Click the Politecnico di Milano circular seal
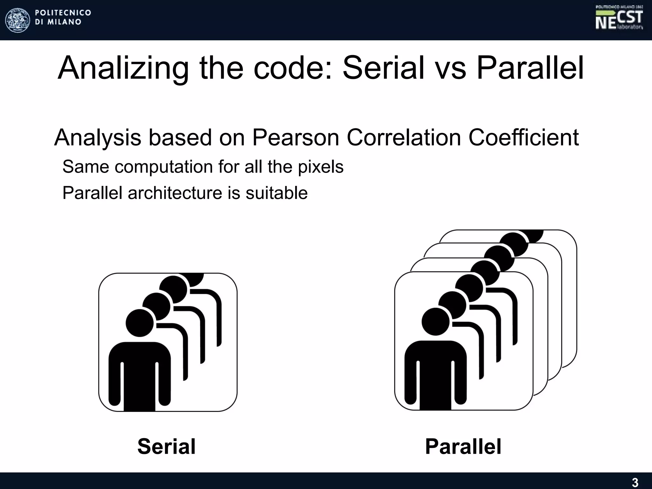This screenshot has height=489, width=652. click(x=18, y=20)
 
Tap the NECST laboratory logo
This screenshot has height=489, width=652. click(x=619, y=18)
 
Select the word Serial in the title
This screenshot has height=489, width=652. click(x=383, y=68)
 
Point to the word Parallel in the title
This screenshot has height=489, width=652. click(x=530, y=68)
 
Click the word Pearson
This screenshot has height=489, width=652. click(x=295, y=138)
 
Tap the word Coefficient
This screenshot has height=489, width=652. click(x=523, y=138)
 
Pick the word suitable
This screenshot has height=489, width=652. click(x=276, y=193)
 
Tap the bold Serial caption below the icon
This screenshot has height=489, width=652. click(x=167, y=446)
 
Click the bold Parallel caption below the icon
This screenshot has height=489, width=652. click(x=463, y=446)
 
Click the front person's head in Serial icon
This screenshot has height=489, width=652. click(x=139, y=323)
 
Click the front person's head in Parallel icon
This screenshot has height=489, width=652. click(x=436, y=322)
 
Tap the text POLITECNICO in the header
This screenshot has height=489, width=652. click(x=63, y=13)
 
